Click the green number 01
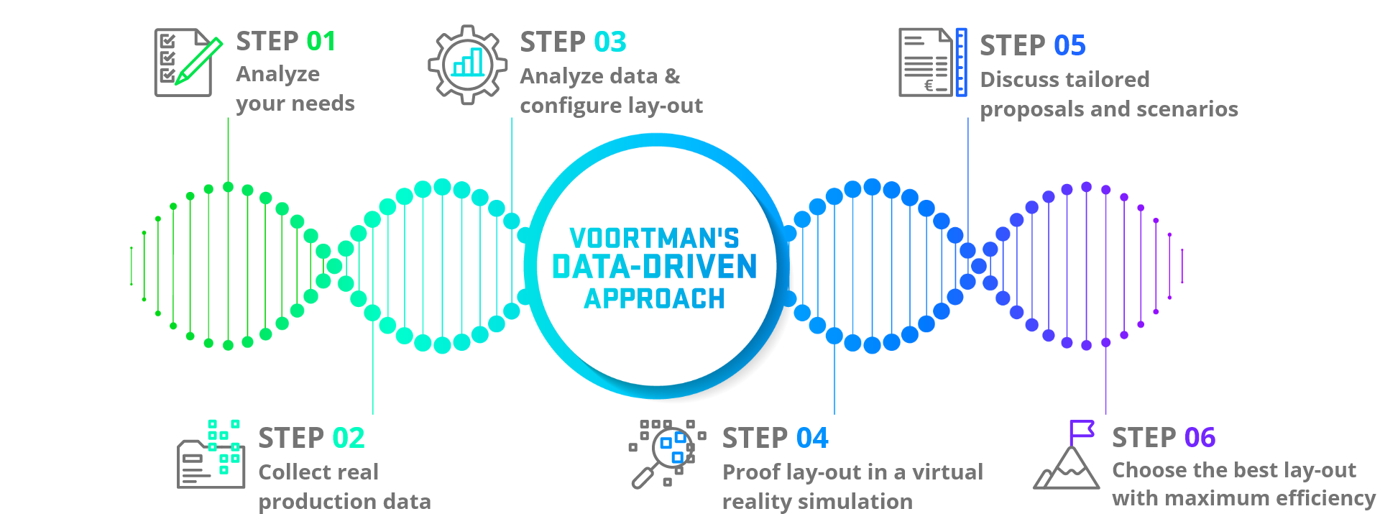[x=321, y=42]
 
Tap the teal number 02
[x=348, y=438]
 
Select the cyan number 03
[x=609, y=42]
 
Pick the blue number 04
[x=811, y=438]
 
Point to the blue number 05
[x=1069, y=46]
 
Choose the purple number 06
[x=1200, y=437]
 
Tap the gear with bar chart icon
[x=468, y=65]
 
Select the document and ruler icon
[x=932, y=63]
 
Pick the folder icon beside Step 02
[x=211, y=456]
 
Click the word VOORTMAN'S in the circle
[x=654, y=238]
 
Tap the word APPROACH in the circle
[x=654, y=298]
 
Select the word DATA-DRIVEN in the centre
[x=654, y=267]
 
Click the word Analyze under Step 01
[x=277, y=74]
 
